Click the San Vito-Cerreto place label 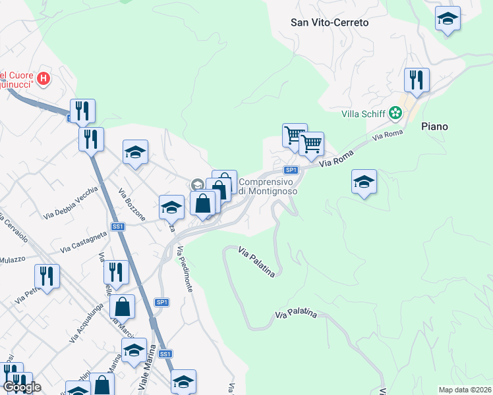330,22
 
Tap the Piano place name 434,126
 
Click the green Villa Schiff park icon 395,113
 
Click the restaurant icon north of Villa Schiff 417,80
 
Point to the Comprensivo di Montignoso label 268,186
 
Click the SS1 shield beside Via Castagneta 118,226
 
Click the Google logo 21,387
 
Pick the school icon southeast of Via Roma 364,181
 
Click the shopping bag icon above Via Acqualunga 123,306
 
